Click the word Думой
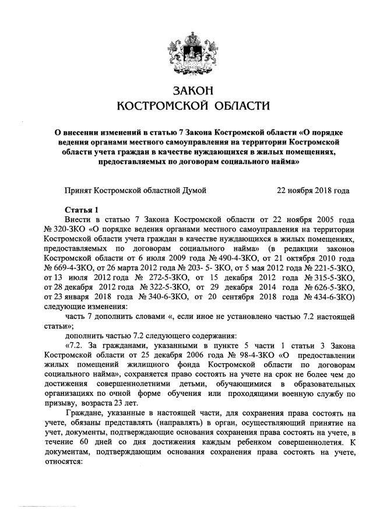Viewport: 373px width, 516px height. point(194,190)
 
